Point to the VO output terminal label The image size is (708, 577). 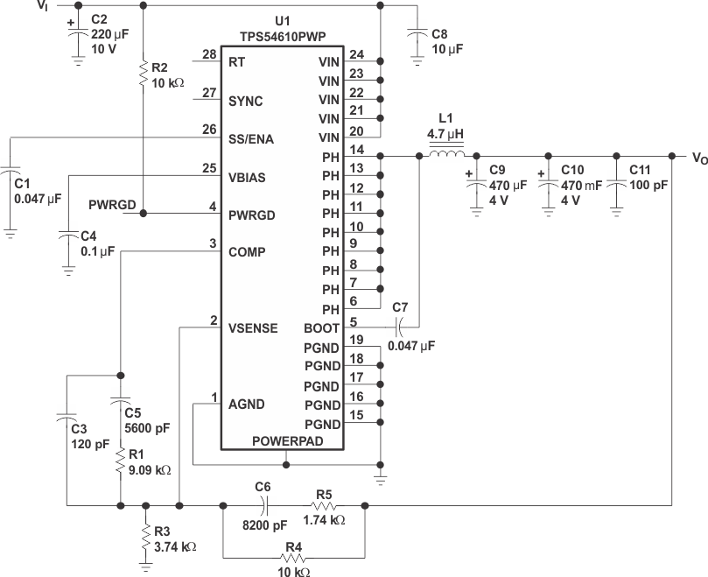point(698,158)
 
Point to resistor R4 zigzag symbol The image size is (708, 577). point(293,558)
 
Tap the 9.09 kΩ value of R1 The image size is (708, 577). point(149,470)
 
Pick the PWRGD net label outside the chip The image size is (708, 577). point(112,205)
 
